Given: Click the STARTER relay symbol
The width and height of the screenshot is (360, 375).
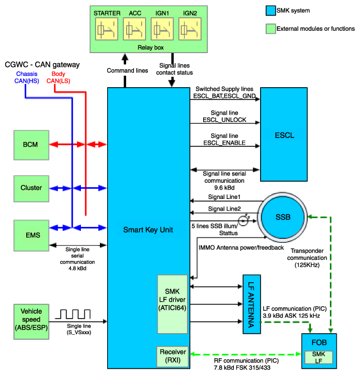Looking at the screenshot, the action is pos(107,29).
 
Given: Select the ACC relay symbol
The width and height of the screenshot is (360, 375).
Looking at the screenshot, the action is pos(135,29).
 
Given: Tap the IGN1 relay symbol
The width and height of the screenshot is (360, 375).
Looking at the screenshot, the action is pos(162,29).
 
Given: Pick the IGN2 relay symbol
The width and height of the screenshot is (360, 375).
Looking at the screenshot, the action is pos(190,29).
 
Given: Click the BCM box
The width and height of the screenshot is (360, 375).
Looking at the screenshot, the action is pos(31,145).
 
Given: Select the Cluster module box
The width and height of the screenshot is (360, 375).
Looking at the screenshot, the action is pos(31,189).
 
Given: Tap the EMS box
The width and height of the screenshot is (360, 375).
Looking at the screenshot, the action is pos(31,236).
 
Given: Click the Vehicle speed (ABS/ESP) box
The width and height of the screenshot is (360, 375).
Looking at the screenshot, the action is pos(31,322).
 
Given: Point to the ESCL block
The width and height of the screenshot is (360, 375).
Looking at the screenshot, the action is pos(284,134).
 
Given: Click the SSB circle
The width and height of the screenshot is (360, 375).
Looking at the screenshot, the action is pos(283,217).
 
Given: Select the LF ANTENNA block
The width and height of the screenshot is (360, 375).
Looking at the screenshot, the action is pos(252,304).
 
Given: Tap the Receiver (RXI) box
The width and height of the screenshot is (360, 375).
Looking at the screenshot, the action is pos(172,357).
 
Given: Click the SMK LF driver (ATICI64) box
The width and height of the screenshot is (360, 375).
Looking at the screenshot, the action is pos(172,304).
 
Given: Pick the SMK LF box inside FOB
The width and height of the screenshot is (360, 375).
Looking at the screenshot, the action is pos(319,357).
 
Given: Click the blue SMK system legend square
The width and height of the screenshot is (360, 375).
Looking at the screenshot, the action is pos(271,11).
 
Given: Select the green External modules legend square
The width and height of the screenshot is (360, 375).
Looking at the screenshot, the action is pos(271,29).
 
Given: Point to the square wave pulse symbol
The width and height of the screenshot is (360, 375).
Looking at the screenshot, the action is pos(73,314).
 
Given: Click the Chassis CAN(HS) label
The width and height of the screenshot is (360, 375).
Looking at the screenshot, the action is pos(27,78).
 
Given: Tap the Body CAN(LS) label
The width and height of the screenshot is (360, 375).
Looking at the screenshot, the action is pos(58,78).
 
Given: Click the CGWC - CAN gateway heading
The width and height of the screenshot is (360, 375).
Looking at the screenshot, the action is pos(42,65).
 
